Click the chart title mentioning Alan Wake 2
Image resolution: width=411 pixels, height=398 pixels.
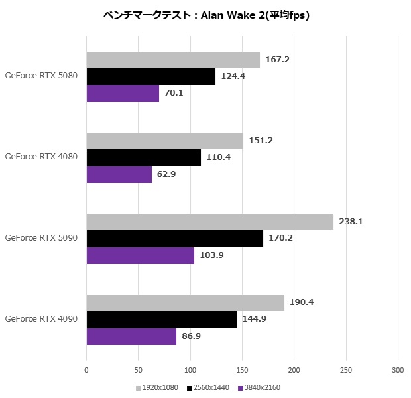(x=206, y=15)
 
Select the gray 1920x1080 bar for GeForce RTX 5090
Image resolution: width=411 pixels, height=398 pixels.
(x=209, y=222)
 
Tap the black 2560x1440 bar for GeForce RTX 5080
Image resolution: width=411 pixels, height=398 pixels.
(x=150, y=76)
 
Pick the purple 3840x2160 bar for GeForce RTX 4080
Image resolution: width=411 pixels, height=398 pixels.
(x=119, y=174)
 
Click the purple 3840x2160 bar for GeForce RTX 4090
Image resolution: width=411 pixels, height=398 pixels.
(x=131, y=336)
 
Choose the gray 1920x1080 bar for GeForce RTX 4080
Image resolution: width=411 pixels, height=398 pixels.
(x=164, y=141)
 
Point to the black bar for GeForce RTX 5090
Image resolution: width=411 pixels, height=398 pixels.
(x=174, y=239)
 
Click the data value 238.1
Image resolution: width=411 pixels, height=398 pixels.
(x=351, y=222)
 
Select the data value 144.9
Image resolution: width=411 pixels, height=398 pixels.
(x=256, y=320)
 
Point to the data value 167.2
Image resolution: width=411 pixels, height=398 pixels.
(x=277, y=59)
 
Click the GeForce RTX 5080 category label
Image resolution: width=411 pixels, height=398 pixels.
(x=41, y=76)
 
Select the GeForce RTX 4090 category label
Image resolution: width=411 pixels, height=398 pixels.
(x=41, y=319)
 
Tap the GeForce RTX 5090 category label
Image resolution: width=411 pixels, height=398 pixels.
(x=41, y=238)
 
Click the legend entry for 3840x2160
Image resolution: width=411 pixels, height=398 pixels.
(x=261, y=387)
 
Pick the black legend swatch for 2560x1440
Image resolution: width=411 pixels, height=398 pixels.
(x=189, y=387)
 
